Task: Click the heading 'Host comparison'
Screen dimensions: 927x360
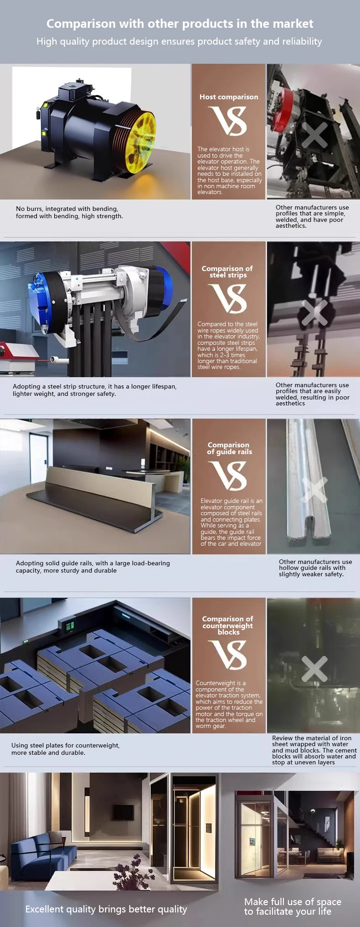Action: click(228, 97)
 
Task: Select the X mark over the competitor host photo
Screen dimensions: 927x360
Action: click(314, 135)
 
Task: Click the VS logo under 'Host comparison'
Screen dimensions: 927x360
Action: click(228, 121)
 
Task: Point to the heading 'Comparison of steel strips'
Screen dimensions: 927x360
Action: click(227, 272)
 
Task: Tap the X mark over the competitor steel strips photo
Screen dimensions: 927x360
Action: click(314, 313)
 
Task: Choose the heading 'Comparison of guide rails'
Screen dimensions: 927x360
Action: click(229, 448)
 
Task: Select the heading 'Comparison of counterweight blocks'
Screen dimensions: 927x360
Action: click(228, 625)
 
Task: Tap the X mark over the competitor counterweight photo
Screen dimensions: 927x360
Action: click(314, 669)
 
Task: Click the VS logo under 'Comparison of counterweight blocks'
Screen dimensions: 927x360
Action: click(228, 655)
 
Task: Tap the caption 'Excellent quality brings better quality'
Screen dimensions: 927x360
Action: click(106, 909)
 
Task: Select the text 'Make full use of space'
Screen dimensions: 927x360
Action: click(293, 902)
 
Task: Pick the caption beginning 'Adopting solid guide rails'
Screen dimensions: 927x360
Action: click(93, 567)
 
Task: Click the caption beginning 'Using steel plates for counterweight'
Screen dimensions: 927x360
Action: click(66, 749)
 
